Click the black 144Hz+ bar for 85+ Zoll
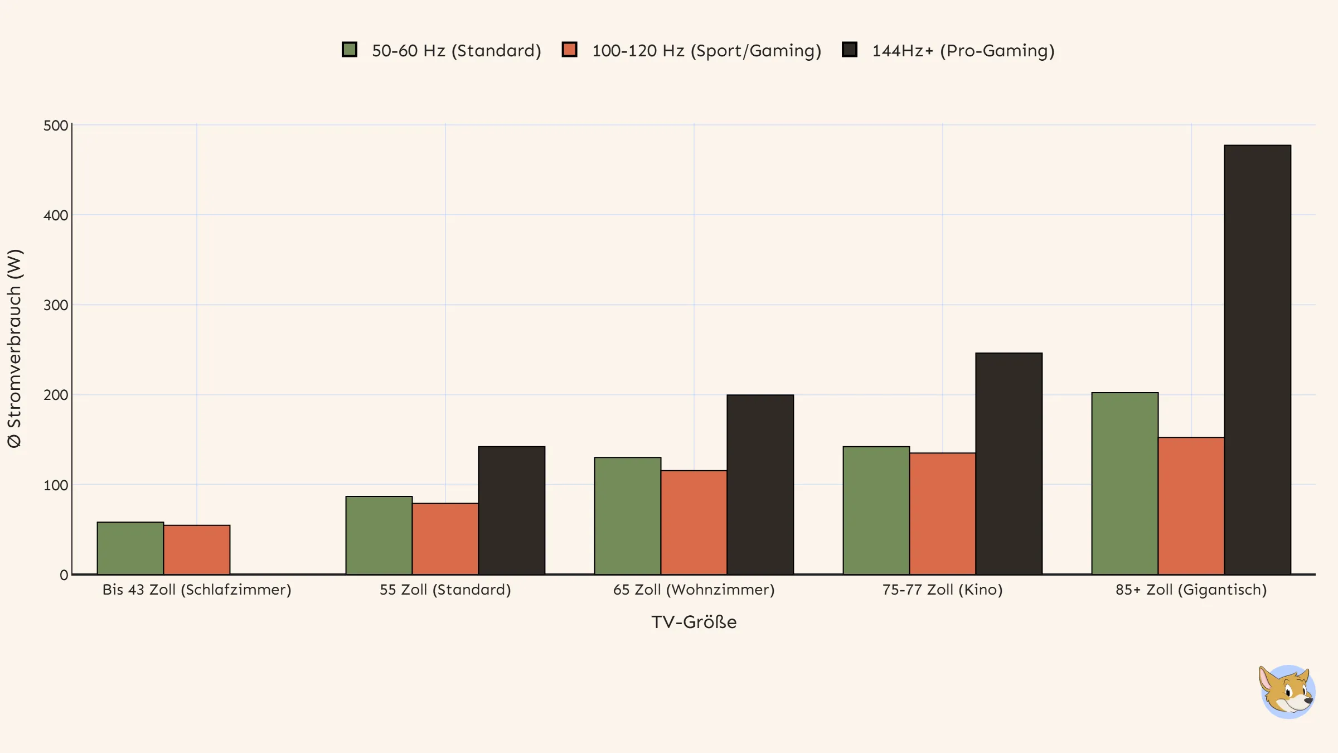point(1257,360)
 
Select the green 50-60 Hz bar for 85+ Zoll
point(1124,484)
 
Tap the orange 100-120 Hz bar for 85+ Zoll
point(1191,506)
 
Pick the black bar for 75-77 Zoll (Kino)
point(1009,464)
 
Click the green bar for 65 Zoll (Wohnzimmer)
point(627,516)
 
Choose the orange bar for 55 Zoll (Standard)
point(445,539)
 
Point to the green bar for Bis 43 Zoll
point(130,548)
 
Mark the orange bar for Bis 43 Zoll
point(197,550)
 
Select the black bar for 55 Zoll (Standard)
point(511,510)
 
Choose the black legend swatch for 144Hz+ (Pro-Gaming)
point(849,50)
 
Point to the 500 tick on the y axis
point(56,126)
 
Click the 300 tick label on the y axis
point(56,305)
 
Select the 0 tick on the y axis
point(64,575)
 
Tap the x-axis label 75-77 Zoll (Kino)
point(942,590)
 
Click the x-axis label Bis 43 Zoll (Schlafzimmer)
point(197,590)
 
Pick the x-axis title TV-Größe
point(694,622)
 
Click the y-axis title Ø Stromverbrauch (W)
point(14,349)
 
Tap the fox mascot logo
point(1287,692)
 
